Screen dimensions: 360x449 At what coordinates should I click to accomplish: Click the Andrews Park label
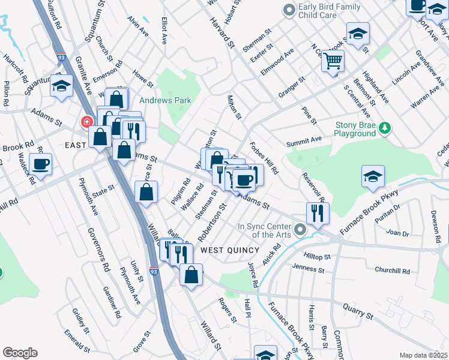tap(165, 100)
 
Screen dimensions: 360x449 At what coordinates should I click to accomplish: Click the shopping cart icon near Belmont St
tap(333, 61)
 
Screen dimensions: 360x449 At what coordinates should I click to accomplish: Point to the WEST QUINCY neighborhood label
tap(224, 249)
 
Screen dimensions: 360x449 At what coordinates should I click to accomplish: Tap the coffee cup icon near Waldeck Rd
tap(40, 164)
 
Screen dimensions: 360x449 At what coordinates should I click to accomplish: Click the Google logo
tap(20, 353)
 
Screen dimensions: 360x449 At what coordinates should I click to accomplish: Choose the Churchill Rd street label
tap(392, 271)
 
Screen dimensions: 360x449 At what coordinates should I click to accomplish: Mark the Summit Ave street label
tap(304, 141)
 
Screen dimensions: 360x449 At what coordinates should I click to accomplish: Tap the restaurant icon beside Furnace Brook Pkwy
tap(317, 212)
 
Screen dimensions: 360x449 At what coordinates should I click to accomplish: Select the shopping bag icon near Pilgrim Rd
tap(146, 192)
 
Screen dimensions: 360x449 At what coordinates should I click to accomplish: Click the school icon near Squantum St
tap(61, 86)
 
